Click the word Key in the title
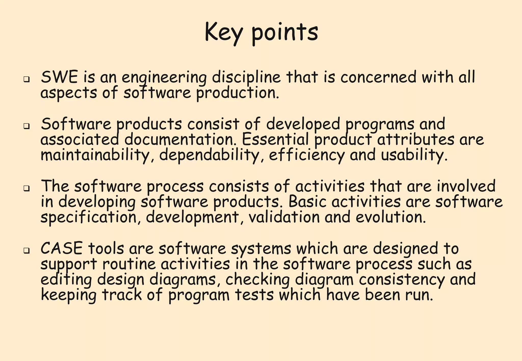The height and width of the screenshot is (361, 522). click(224, 33)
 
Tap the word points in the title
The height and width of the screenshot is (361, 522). click(285, 33)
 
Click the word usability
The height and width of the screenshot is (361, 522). click(414, 155)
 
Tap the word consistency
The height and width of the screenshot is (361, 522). click(402, 280)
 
